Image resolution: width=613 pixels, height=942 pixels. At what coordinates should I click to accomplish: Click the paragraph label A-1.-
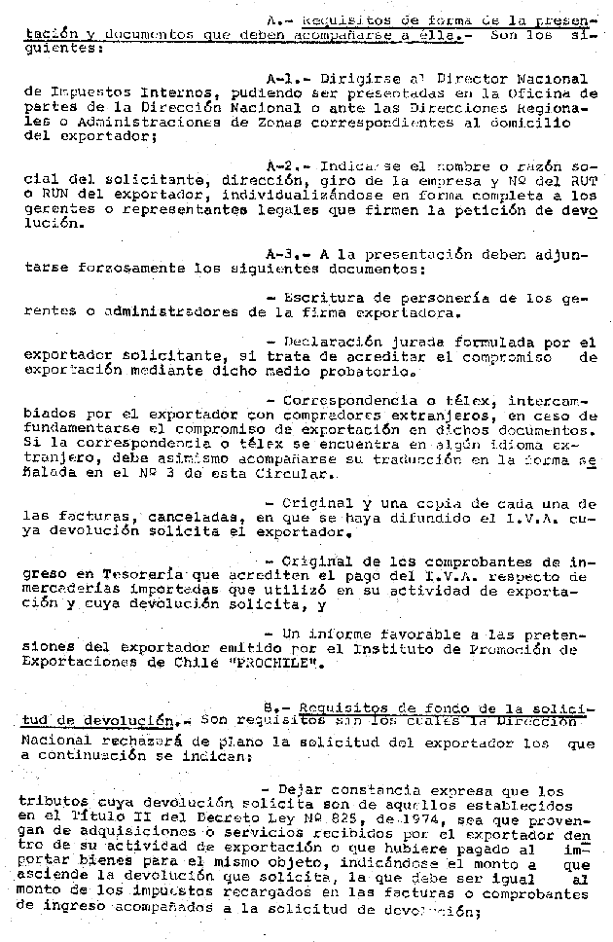coord(287,78)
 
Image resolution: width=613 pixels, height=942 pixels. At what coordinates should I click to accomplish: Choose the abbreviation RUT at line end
coord(582,182)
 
